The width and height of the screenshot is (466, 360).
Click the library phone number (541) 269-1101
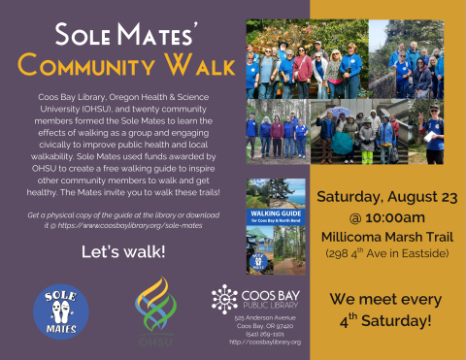pyautogui.click(x=261, y=334)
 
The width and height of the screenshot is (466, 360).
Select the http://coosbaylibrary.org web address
pyautogui.click(x=265, y=342)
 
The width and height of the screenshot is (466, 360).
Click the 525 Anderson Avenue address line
pyautogui.click(x=264, y=318)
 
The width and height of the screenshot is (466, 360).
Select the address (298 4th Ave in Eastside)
pyautogui.click(x=387, y=253)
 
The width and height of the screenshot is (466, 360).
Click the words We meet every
pyautogui.click(x=387, y=299)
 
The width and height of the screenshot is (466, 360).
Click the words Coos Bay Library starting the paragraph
pyautogui.click(x=70, y=99)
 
